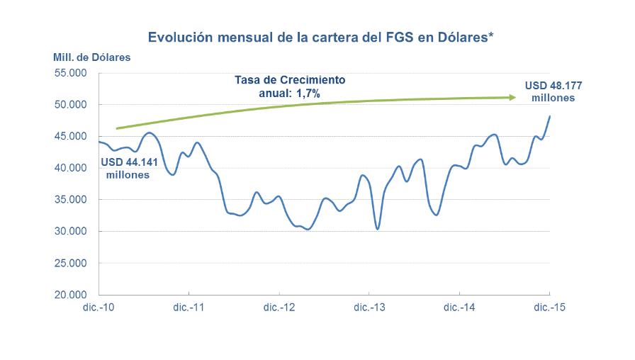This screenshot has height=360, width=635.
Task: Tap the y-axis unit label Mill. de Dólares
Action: (x=91, y=57)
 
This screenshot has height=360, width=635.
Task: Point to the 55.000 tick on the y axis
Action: (x=71, y=73)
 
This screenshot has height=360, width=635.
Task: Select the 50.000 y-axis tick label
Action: (x=71, y=105)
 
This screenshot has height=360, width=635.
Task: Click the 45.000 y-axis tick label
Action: (x=71, y=136)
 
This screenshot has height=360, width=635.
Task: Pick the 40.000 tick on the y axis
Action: (x=71, y=168)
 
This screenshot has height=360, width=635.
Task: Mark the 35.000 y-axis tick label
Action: (x=71, y=200)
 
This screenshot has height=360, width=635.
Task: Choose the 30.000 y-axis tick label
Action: (x=71, y=231)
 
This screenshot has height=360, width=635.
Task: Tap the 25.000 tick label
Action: (x=71, y=263)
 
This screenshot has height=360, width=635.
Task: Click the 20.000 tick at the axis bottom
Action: (x=71, y=295)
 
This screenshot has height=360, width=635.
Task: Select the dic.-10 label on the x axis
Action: (x=98, y=308)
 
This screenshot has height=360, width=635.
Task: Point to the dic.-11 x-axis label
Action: (x=189, y=308)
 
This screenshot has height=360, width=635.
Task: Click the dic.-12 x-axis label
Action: (x=279, y=308)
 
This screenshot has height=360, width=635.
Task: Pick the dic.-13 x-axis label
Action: (x=369, y=308)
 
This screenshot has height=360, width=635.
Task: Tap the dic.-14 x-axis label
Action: (x=459, y=308)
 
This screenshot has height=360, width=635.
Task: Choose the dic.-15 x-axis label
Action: (x=549, y=308)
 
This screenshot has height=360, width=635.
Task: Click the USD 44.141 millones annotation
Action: (x=128, y=167)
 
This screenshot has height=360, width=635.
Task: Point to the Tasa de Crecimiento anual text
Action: (x=290, y=86)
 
